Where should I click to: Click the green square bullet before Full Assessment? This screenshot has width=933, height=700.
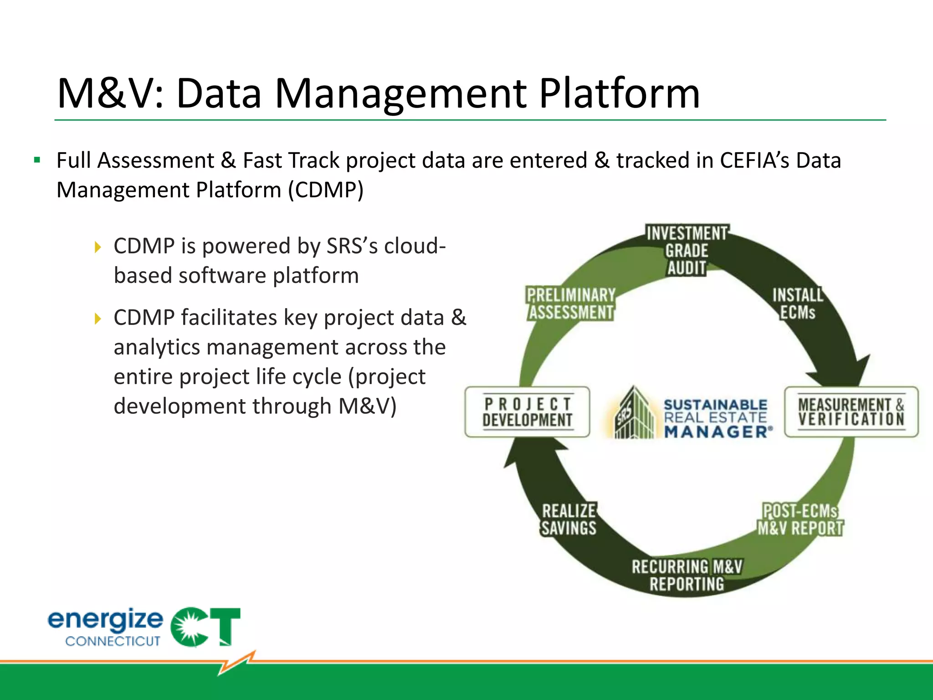(x=37, y=160)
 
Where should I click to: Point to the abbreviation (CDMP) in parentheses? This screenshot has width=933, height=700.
(x=325, y=190)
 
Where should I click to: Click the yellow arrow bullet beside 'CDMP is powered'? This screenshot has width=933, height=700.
(x=97, y=247)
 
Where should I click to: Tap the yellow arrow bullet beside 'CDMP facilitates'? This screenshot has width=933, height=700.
(x=97, y=319)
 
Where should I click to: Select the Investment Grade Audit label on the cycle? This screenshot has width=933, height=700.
(x=687, y=251)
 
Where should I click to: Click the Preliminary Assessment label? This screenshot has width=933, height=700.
(x=571, y=304)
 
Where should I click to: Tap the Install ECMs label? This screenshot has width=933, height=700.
(x=797, y=304)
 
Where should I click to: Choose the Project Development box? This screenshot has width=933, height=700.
(x=527, y=412)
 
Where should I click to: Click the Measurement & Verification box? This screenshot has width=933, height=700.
(x=851, y=412)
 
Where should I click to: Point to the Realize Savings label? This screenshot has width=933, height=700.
(x=569, y=520)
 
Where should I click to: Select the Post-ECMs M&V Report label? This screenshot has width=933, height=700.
(x=800, y=520)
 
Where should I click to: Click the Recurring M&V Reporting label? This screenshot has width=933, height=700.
(x=687, y=576)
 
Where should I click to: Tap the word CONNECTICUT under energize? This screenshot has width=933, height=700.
(x=113, y=641)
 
